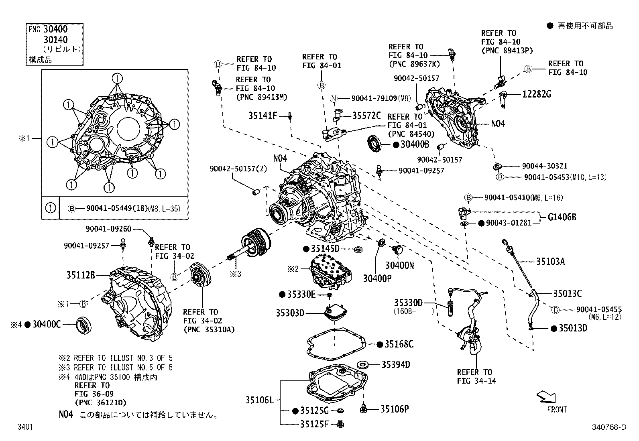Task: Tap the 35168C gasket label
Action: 399,344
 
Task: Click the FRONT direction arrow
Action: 546,397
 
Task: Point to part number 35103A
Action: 550,262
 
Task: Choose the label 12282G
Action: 536,94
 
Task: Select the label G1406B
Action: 562,217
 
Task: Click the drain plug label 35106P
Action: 394,409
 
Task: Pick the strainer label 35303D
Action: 290,313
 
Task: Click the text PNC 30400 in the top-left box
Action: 48,29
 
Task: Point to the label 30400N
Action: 399,265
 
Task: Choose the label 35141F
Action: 263,116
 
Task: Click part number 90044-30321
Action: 545,166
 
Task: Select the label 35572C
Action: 366,116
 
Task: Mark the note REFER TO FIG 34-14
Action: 476,376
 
